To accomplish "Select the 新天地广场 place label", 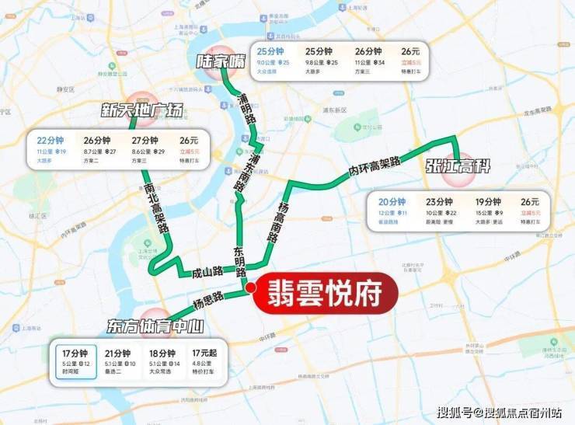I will (x=143, y=110).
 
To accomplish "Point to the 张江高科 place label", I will (x=458, y=167).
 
